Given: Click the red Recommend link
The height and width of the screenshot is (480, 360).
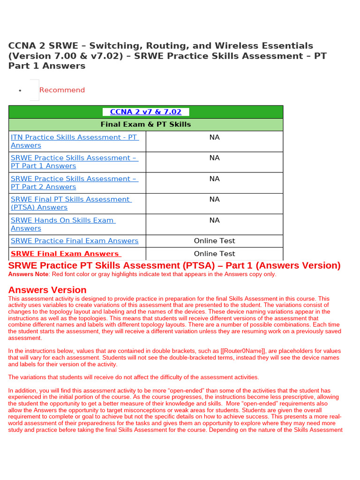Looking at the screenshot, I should [62, 90].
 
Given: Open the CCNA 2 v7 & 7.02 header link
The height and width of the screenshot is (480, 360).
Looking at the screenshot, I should [145, 112].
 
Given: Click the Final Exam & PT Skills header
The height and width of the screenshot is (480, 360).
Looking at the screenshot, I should [146, 124].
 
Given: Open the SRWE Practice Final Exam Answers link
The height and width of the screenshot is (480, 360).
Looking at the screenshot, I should [75, 241].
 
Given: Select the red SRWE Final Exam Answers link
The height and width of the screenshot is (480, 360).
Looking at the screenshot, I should [65, 254].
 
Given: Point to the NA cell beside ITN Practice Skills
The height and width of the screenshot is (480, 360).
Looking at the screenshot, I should [214, 137].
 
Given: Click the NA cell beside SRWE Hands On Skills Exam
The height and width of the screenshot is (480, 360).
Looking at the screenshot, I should [214, 220].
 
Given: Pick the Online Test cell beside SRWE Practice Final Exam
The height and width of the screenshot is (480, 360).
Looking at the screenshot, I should [214, 241].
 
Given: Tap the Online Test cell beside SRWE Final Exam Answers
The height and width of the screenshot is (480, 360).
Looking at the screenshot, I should [214, 254].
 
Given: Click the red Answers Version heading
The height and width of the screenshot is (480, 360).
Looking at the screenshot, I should [47, 290].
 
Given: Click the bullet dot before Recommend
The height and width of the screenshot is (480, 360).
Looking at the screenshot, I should [20, 90].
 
